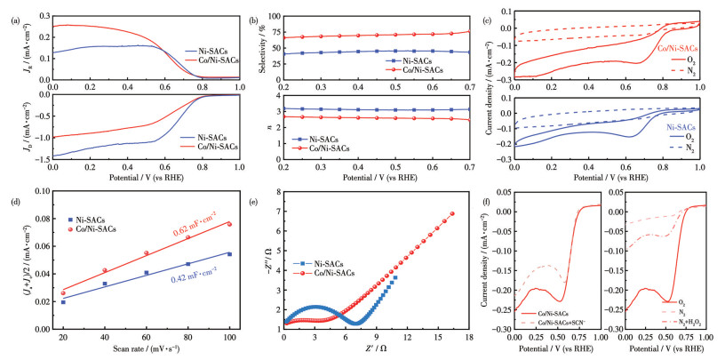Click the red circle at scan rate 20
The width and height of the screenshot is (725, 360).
tap(63, 292)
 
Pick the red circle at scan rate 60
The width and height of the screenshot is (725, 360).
tap(147, 253)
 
